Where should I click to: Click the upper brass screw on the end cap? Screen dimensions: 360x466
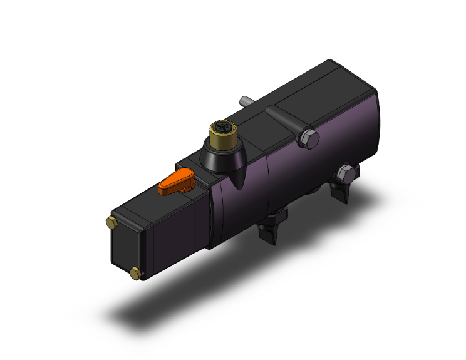pos(111,222)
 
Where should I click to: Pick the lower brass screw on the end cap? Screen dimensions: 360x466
pos(136,272)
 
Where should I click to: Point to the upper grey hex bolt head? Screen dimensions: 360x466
pos(308,139)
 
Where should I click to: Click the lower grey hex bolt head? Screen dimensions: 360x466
pos(344,172)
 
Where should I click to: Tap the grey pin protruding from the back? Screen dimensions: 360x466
pos(245,101)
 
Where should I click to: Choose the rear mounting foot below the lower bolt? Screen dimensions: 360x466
pos(343,190)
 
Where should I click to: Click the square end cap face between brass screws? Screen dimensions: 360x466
pos(125,247)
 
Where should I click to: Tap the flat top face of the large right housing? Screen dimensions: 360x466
pos(313,88)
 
